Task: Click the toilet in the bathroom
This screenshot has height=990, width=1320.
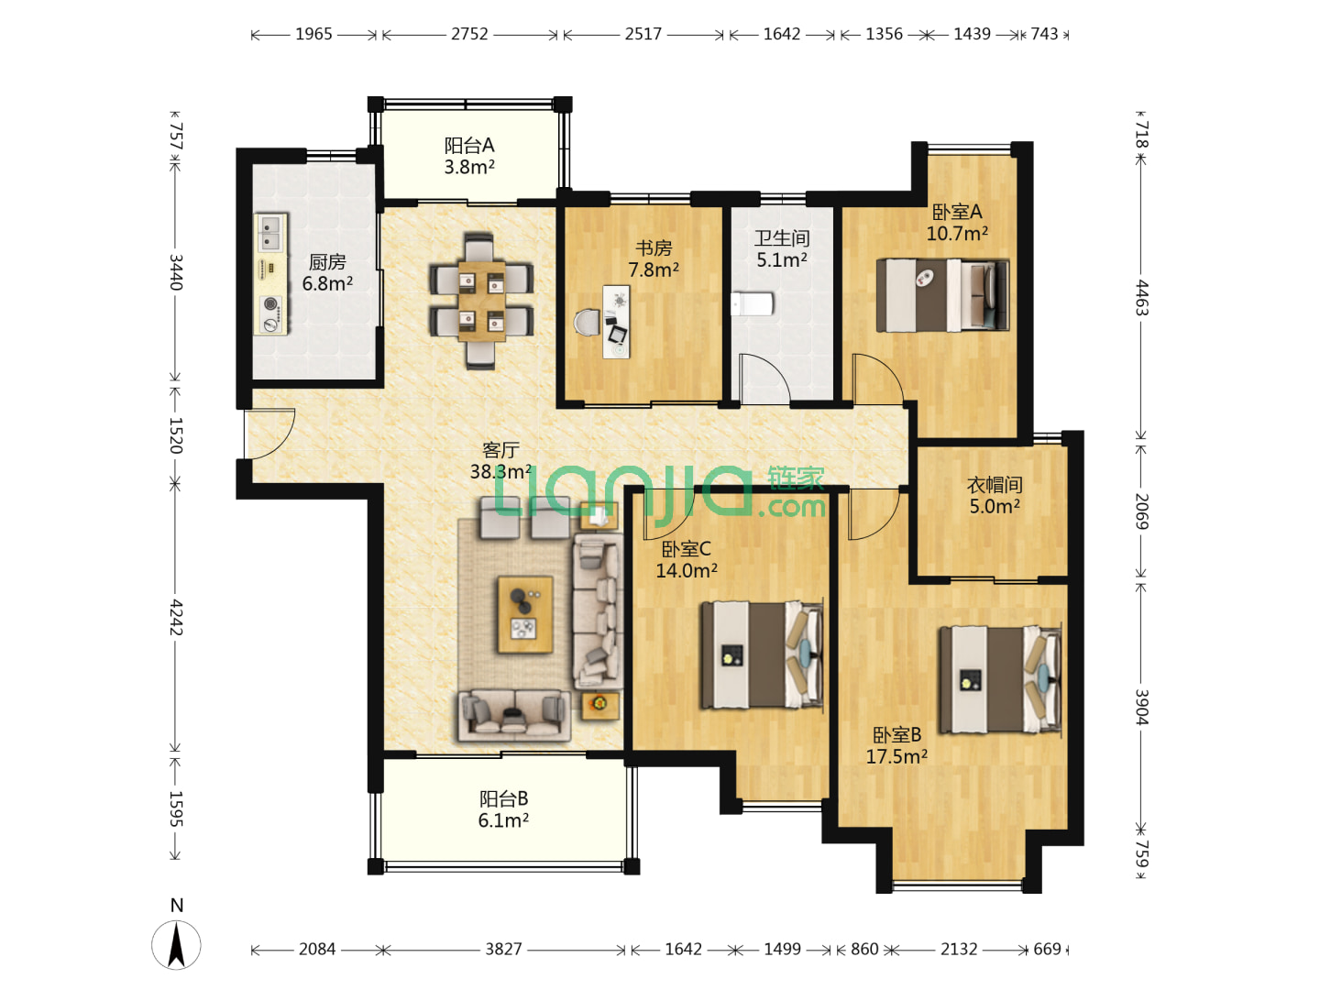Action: click(x=752, y=304)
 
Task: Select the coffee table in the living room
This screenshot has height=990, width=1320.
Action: click(x=524, y=614)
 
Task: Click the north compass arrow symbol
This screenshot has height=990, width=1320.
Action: click(x=176, y=945)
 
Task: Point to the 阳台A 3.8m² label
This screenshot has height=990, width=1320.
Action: click(x=469, y=156)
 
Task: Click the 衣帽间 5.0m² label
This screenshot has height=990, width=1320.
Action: click(x=994, y=495)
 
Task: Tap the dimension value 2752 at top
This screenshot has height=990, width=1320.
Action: click(x=469, y=34)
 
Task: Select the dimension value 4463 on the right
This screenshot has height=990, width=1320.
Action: click(x=1141, y=298)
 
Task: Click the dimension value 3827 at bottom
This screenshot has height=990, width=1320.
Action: click(x=503, y=949)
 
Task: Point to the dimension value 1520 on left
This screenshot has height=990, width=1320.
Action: click(x=175, y=435)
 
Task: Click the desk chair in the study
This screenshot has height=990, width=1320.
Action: click(x=587, y=322)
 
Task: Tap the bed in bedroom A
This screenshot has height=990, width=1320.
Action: click(x=942, y=295)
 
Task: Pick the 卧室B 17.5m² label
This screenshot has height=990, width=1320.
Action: click(x=896, y=745)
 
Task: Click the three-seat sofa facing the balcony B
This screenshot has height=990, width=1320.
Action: click(x=514, y=715)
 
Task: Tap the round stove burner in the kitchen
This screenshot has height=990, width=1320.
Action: click(x=270, y=304)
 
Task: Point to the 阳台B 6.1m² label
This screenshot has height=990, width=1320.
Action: click(x=503, y=809)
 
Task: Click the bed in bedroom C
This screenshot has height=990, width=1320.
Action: click(x=762, y=654)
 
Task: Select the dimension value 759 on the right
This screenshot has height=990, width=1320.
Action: click(x=1141, y=853)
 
